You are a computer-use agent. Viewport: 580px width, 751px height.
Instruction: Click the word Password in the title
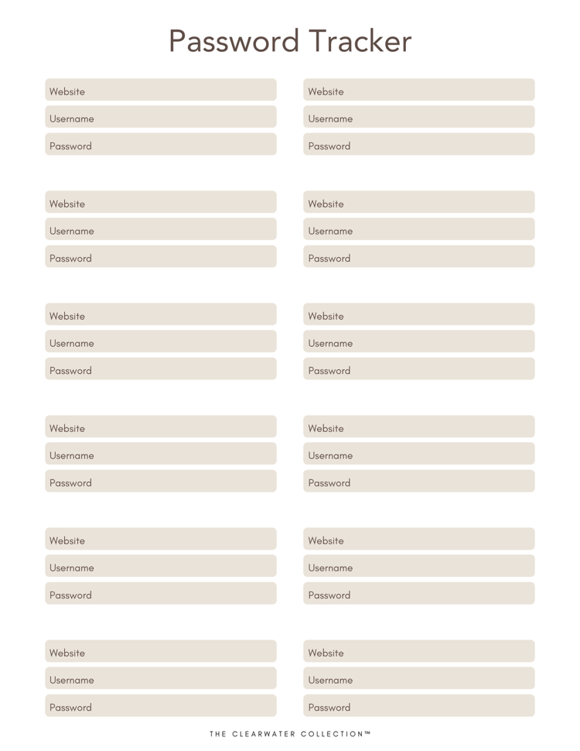pyautogui.click(x=234, y=41)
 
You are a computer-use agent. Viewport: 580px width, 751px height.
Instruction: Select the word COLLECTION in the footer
pyautogui.click(x=334, y=734)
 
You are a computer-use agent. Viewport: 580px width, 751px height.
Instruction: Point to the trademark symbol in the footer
pyautogui.click(x=367, y=733)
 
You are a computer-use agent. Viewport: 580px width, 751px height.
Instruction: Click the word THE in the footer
pyautogui.click(x=217, y=734)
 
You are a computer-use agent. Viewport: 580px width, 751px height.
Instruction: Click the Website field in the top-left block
pyautogui.click(x=161, y=91)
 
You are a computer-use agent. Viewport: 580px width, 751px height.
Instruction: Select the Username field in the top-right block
pyautogui.click(x=419, y=118)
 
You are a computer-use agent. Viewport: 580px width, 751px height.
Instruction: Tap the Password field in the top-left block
pyautogui.click(x=161, y=145)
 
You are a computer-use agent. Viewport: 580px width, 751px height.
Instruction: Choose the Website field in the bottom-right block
pyautogui.click(x=419, y=652)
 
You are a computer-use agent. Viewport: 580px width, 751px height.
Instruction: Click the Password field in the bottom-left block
pyautogui.click(x=161, y=706)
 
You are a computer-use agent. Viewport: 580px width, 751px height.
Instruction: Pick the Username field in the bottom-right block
pyautogui.click(x=419, y=679)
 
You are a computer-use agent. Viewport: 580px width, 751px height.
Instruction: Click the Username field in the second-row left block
pyautogui.click(x=161, y=230)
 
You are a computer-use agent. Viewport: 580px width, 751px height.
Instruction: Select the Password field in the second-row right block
pyautogui.click(x=419, y=257)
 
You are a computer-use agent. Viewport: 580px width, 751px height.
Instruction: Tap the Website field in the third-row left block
pyautogui.click(x=161, y=315)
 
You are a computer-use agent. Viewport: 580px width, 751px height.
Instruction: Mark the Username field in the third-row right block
pyautogui.click(x=419, y=342)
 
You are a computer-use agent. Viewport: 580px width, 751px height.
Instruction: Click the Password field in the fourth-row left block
pyautogui.click(x=161, y=482)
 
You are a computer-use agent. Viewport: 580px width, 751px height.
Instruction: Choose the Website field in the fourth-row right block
pyautogui.click(x=419, y=427)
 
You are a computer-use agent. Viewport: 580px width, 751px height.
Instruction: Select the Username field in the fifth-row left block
pyautogui.click(x=161, y=567)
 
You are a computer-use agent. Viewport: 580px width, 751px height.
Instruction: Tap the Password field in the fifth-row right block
pyautogui.click(x=419, y=594)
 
